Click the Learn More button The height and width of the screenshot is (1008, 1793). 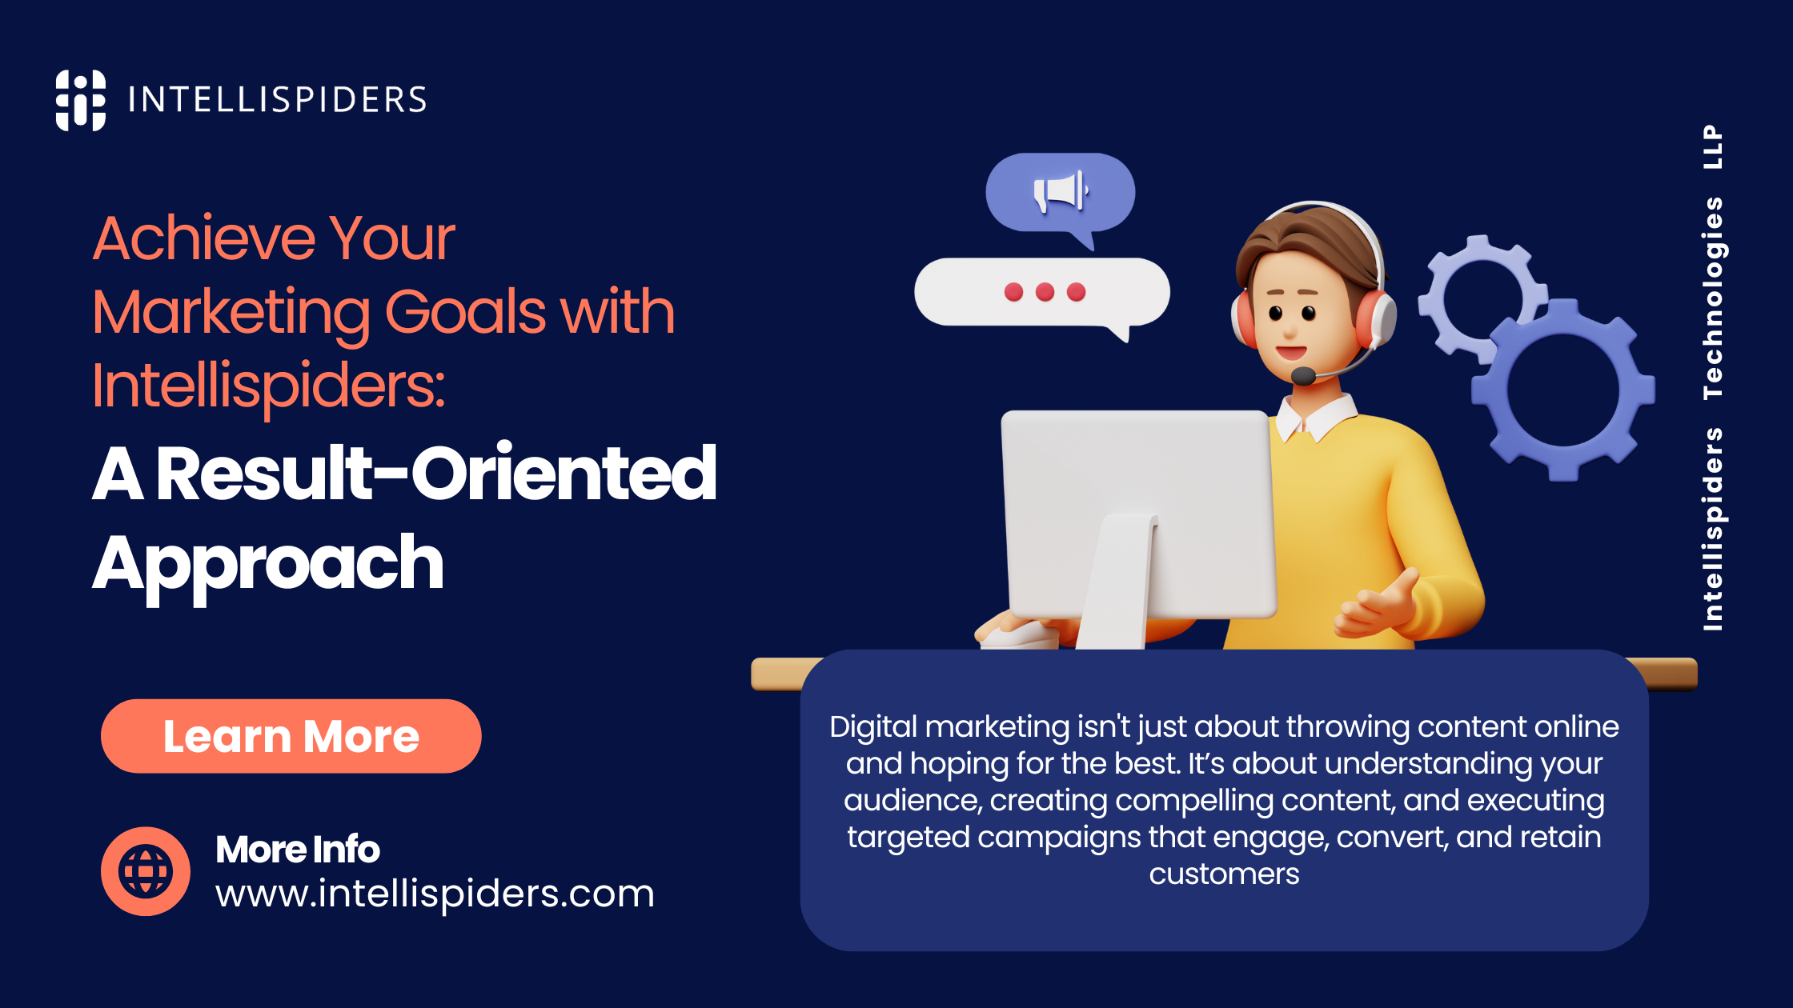coord(291,736)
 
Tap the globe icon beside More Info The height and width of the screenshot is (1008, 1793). coord(145,871)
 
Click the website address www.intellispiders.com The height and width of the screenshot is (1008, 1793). coord(435,893)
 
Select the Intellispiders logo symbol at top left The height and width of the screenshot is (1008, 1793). coord(80,100)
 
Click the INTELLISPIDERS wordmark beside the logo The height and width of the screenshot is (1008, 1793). coord(277,100)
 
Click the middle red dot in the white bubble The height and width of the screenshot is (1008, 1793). coord(1045,292)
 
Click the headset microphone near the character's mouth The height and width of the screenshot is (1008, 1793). coord(1303,375)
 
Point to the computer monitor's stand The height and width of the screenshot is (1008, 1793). coord(1117,584)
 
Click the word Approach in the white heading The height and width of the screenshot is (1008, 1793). coord(268,564)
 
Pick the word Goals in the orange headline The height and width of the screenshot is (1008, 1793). coord(464,312)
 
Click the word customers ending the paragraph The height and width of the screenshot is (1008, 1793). coord(1224,874)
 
